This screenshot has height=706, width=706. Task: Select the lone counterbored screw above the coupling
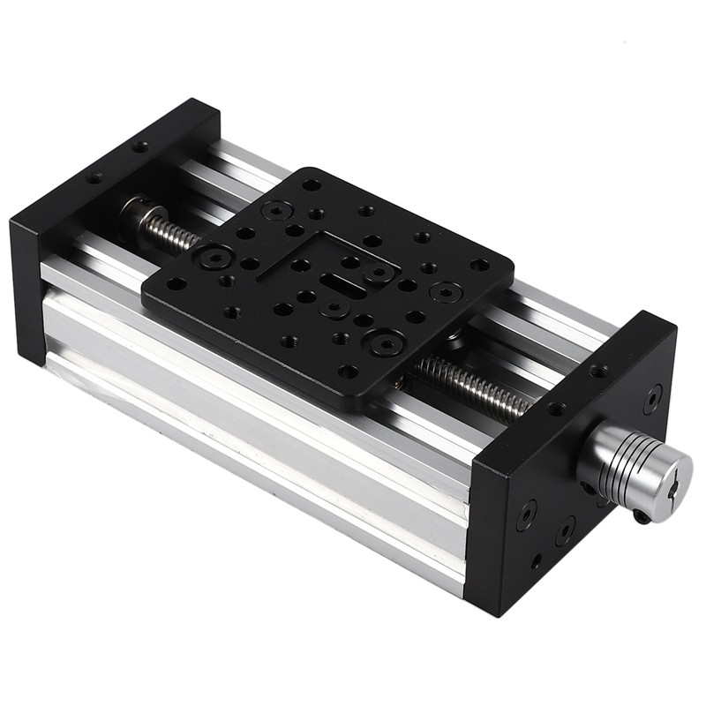point(652,398)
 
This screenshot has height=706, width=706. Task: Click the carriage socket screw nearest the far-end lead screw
point(214,258)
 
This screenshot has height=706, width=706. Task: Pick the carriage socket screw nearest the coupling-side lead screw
point(386,342)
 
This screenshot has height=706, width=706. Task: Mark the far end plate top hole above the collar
point(139,146)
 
